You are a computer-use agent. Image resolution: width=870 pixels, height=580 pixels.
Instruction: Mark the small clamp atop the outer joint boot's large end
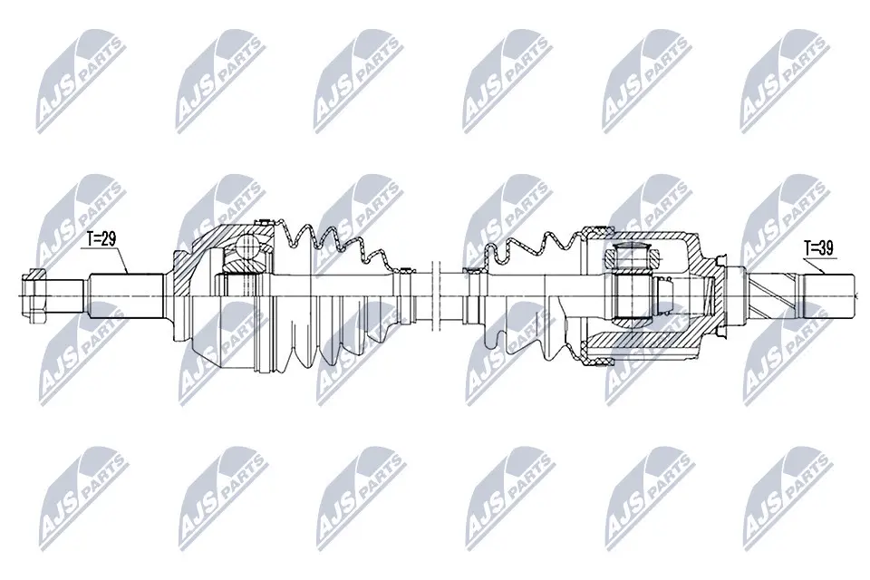tap(266, 222)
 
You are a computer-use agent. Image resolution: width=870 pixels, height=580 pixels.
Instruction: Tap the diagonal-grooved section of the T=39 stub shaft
tap(775, 292)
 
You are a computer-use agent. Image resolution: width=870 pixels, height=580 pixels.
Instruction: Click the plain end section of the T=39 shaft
tap(829, 292)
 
